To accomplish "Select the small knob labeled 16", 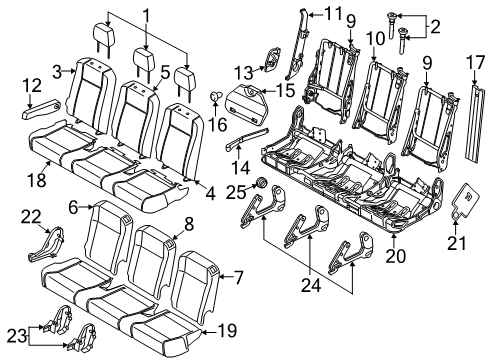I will coord(216,96).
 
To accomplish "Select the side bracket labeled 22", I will coord(46,244).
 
